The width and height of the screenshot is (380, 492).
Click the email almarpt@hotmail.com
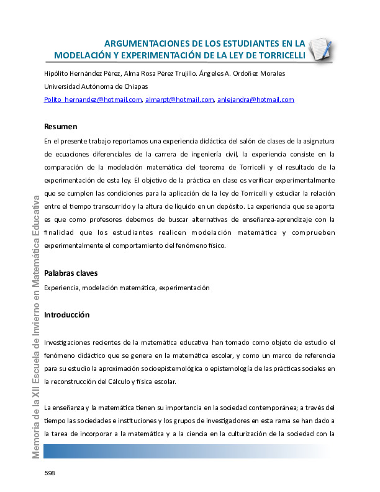(179, 99)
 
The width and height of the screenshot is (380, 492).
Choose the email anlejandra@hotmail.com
(255, 99)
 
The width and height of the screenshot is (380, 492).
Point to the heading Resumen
(61, 126)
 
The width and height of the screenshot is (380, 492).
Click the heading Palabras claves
(71, 273)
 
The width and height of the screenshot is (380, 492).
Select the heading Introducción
(67, 315)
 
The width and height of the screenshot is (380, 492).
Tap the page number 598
(50, 473)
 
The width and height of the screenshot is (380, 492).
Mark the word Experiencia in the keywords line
(61, 288)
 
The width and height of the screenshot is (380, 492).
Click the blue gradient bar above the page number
(186, 452)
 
